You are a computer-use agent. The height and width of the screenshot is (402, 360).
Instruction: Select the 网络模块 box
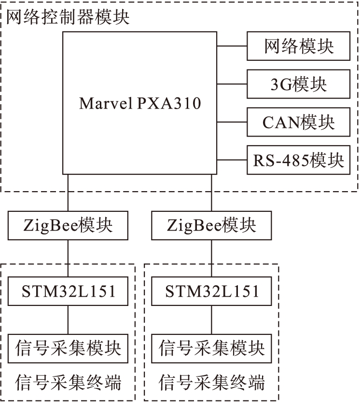click(298, 46)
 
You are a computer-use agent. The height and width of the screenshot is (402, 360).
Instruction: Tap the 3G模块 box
click(298, 84)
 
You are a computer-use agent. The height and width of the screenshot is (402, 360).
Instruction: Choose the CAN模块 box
click(298, 122)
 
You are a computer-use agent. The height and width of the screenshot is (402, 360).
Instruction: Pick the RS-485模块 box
click(298, 160)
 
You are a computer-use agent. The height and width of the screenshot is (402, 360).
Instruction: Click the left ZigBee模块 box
click(68, 225)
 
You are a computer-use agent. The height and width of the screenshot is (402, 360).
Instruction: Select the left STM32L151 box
click(68, 291)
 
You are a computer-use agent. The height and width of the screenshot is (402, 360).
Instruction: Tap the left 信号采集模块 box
click(68, 347)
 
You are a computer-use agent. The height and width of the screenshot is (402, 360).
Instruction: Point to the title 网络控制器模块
click(68, 18)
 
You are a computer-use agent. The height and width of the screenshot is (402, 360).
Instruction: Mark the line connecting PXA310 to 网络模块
click(232, 46)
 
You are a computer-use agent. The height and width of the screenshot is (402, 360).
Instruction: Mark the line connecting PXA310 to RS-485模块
click(232, 160)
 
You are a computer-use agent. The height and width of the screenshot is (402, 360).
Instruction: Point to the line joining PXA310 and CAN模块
click(232, 122)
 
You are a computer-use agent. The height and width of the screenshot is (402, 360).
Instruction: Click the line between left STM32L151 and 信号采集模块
click(68, 319)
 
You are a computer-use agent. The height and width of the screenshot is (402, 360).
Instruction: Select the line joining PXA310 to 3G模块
click(232, 84)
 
